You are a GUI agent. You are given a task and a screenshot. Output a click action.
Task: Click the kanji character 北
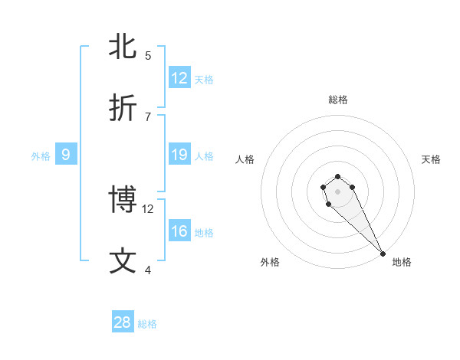click(123, 46)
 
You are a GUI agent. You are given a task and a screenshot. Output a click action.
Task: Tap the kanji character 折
click(123, 108)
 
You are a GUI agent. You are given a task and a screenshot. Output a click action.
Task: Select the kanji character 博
click(123, 199)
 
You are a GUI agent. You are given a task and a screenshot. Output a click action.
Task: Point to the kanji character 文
click(123, 260)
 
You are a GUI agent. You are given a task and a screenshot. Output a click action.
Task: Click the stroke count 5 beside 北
click(148, 55)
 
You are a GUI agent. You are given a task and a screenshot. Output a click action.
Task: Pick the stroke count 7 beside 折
click(148, 116)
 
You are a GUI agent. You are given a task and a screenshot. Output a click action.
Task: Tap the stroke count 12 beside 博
click(148, 208)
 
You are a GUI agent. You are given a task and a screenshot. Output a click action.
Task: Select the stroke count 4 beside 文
click(148, 270)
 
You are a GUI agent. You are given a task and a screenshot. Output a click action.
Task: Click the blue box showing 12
click(179, 78)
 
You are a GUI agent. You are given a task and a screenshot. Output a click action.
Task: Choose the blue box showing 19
click(179, 155)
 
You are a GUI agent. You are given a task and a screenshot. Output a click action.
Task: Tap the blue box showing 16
click(179, 231)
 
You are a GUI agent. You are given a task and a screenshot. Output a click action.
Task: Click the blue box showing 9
click(66, 155)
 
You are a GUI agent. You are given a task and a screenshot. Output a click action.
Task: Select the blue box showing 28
click(123, 322)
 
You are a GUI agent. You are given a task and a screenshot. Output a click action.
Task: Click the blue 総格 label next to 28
click(147, 324)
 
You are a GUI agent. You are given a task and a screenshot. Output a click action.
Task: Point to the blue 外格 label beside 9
click(41, 156)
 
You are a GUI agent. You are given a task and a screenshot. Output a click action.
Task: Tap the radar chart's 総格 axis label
click(338, 100)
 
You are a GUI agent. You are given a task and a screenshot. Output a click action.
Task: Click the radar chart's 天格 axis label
click(431, 159)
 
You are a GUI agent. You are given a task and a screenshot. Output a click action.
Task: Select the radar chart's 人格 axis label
click(245, 159)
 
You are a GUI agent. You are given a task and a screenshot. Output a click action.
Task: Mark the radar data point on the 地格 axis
click(383, 254)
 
